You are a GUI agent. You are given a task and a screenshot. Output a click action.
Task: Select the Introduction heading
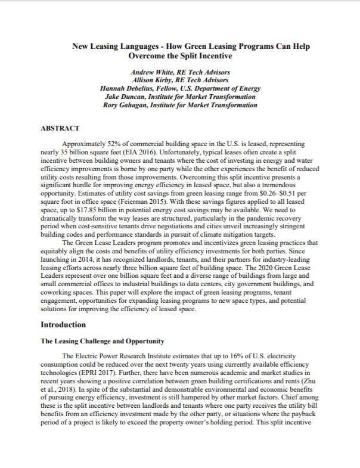click(63, 325)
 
